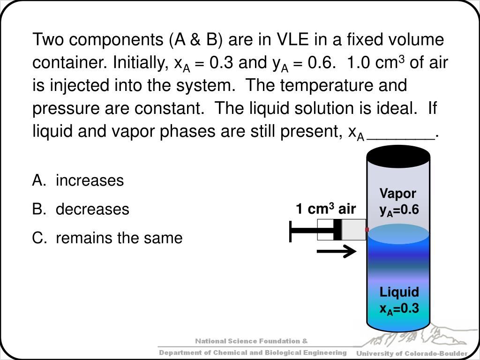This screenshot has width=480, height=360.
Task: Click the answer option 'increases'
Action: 90,180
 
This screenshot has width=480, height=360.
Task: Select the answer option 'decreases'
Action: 92,209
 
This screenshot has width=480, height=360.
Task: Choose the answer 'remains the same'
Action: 119,238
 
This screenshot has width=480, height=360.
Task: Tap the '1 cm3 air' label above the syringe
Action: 325,209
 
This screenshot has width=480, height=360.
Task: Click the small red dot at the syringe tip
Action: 367,229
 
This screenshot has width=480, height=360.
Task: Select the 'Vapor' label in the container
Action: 397,194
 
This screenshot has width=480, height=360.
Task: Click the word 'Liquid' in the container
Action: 399,292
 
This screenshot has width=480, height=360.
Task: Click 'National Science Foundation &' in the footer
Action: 251,341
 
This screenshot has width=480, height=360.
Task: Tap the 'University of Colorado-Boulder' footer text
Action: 412,353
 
